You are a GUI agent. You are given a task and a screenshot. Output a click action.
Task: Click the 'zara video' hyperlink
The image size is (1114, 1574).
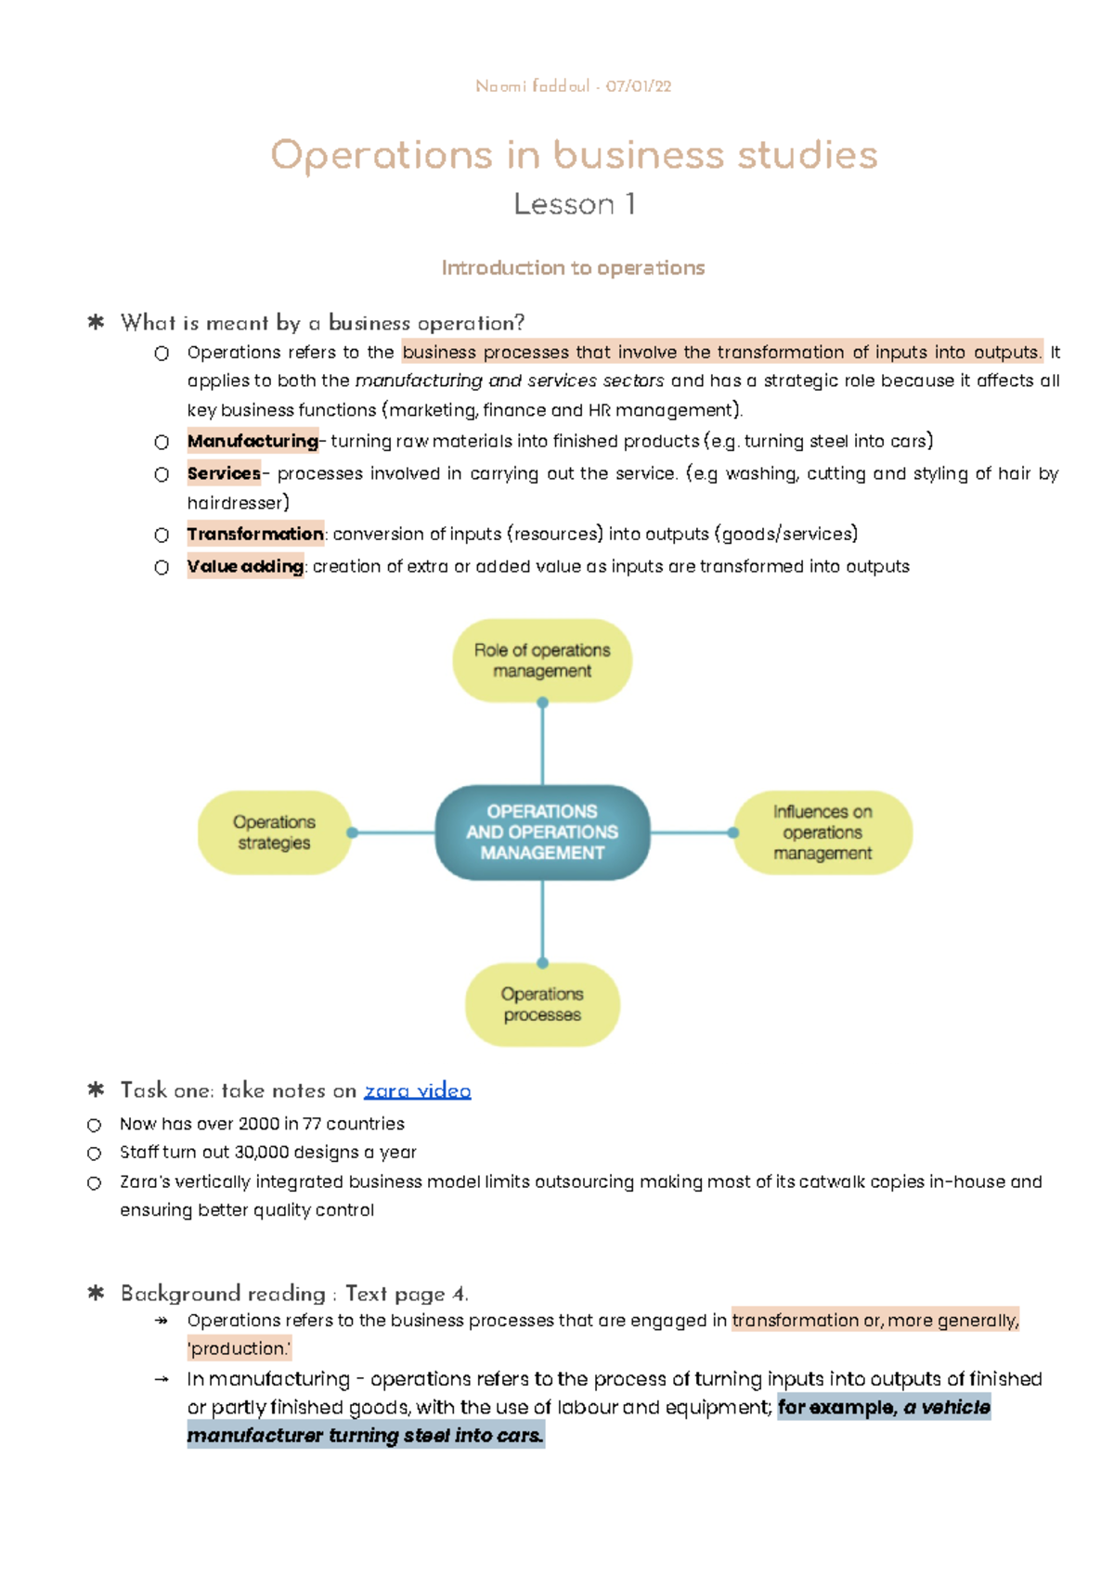[417, 1090]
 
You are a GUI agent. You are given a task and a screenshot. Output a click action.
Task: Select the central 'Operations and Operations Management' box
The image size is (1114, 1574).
[542, 832]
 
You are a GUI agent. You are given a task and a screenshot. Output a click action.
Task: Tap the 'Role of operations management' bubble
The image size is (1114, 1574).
[542, 661]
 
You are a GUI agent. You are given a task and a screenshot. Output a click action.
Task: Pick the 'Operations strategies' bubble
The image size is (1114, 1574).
[274, 832]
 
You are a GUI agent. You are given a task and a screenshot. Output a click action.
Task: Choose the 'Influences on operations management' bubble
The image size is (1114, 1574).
[823, 832]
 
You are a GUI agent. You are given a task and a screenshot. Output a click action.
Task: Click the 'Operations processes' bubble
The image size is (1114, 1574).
[542, 1004]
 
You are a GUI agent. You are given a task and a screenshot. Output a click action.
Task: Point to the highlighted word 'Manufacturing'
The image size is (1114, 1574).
[253, 442]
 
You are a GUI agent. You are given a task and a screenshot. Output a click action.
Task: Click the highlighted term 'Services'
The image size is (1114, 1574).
[224, 474]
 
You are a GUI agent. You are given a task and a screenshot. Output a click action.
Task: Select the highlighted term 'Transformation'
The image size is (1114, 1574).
[255, 535]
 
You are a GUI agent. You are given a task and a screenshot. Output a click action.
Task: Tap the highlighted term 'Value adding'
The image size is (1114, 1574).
[245, 567]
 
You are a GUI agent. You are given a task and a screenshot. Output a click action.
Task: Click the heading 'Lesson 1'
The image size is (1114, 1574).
[574, 204]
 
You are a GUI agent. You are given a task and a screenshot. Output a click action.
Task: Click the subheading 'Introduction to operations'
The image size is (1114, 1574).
[573, 268]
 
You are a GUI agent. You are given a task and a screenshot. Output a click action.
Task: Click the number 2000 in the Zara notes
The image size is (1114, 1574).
[259, 1124]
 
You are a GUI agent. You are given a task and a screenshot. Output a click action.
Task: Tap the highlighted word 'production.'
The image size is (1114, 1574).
[240, 1348]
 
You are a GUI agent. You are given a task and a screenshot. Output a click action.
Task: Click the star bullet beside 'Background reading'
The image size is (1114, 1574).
[96, 1293]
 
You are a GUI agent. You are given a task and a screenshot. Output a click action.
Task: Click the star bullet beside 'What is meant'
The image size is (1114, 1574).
[96, 323]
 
